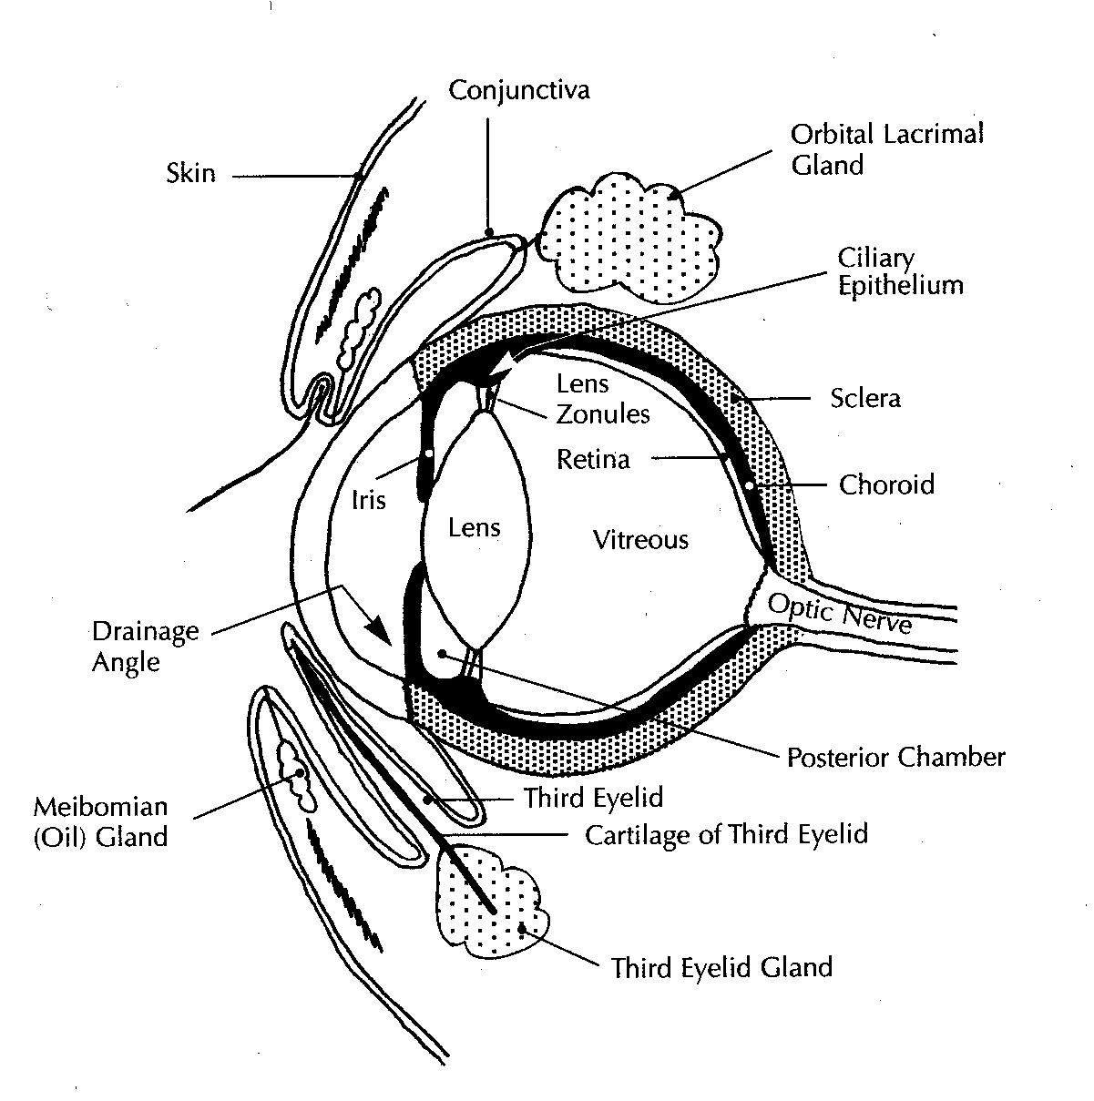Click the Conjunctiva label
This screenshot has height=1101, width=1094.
point(518,91)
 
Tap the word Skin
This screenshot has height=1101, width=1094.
point(191,173)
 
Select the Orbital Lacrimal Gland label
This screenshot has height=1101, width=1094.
point(886,149)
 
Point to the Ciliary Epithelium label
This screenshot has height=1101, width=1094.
point(900,272)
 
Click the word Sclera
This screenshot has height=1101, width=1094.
point(864,398)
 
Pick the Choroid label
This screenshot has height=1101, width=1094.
point(886,484)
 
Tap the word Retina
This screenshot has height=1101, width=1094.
point(593,459)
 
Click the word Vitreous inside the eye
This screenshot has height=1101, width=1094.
point(640,540)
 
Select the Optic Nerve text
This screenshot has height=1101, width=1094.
point(839,614)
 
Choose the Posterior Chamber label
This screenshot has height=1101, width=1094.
point(895,758)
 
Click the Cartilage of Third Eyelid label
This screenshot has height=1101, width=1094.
point(726,835)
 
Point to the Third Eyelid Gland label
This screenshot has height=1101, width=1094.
point(721,968)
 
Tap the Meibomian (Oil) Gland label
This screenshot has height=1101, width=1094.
point(100,822)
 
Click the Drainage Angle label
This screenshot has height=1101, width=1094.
point(145,647)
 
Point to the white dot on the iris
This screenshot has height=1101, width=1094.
point(429,454)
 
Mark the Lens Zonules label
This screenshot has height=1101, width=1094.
point(602,399)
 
